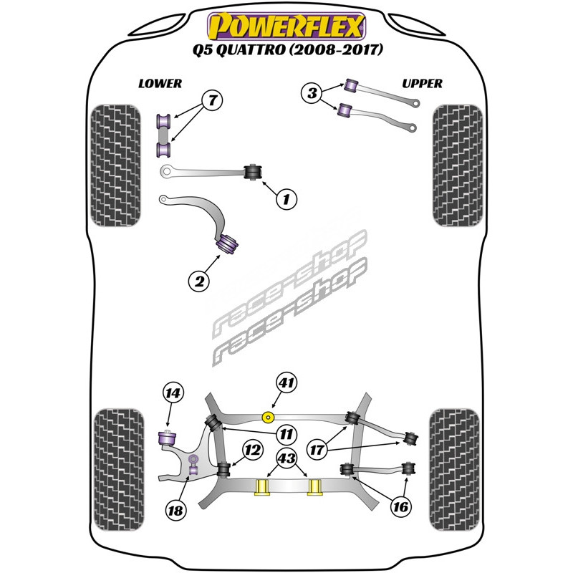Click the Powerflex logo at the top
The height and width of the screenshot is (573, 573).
click(x=286, y=26)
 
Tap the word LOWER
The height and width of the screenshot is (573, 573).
click(x=160, y=84)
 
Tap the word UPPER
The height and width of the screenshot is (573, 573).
click(x=422, y=84)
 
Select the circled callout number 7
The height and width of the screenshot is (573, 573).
click(x=212, y=100)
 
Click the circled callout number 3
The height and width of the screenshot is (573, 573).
click(x=312, y=93)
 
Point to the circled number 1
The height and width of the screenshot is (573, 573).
click(x=286, y=199)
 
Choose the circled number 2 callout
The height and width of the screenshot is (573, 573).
click(x=199, y=281)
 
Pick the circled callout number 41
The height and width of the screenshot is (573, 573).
click(x=286, y=382)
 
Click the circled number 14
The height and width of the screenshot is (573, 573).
click(x=173, y=393)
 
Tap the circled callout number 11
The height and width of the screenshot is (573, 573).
click(x=286, y=434)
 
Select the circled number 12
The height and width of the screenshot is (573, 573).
click(x=252, y=451)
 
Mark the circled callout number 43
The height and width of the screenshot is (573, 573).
click(x=287, y=458)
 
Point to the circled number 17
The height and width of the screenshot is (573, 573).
click(x=317, y=450)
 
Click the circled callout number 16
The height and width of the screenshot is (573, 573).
click(x=400, y=507)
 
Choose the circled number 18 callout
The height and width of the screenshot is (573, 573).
click(x=175, y=510)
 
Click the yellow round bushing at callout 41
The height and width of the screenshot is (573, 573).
click(x=269, y=417)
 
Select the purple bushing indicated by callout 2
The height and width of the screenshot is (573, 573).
click(x=227, y=244)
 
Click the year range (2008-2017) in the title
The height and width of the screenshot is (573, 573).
click(x=336, y=49)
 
